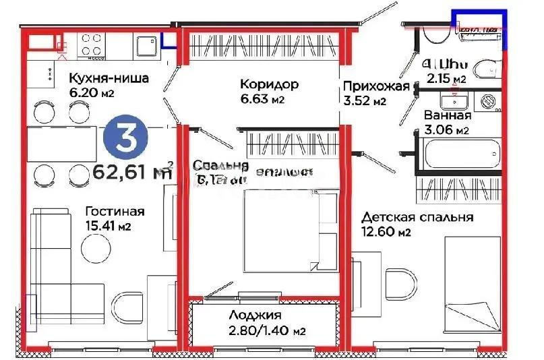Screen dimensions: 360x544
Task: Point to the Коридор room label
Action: [268, 85]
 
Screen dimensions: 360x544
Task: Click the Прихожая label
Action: [376, 87]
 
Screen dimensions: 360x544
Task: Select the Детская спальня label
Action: [417, 218]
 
